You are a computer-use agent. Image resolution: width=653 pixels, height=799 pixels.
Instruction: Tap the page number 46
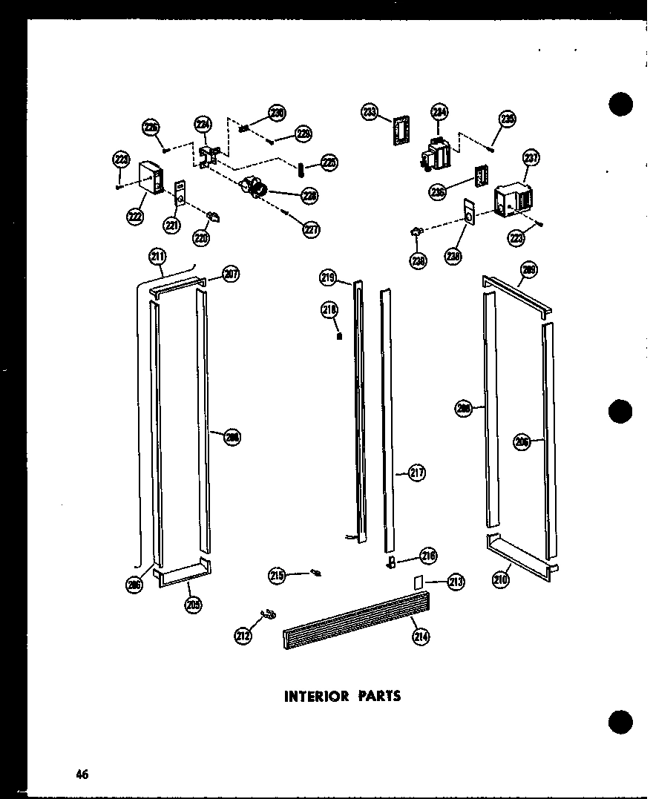82,775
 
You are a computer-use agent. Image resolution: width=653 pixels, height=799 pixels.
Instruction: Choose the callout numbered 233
370,112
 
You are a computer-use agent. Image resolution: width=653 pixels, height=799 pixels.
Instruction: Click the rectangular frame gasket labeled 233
401,134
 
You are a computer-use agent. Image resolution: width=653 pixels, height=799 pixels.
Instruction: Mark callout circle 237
531,157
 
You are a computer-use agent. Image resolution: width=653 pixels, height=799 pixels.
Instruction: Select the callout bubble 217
417,472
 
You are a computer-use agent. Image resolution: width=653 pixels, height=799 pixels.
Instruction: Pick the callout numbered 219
328,278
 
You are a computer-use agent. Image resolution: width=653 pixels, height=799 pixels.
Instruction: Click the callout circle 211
157,257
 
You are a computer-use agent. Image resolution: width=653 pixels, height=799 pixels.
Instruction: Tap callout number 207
231,275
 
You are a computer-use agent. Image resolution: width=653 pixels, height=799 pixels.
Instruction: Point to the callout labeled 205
194,605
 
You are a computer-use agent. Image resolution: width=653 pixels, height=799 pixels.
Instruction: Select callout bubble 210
500,579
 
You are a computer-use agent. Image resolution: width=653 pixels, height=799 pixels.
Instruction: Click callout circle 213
456,582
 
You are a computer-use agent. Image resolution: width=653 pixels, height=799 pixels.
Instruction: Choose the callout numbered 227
311,230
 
